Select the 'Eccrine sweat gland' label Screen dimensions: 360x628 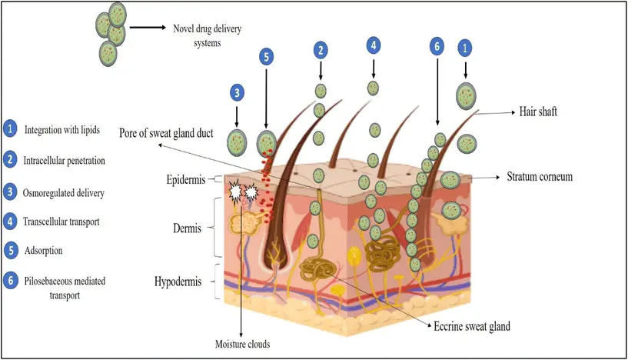(x=471, y=326)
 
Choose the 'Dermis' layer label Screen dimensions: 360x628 (x=187, y=229)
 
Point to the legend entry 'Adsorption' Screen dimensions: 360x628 (x=45, y=250)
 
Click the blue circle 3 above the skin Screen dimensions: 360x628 (x=238, y=93)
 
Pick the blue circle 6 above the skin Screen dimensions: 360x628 (x=436, y=45)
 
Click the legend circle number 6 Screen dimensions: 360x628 (x=9, y=281)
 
